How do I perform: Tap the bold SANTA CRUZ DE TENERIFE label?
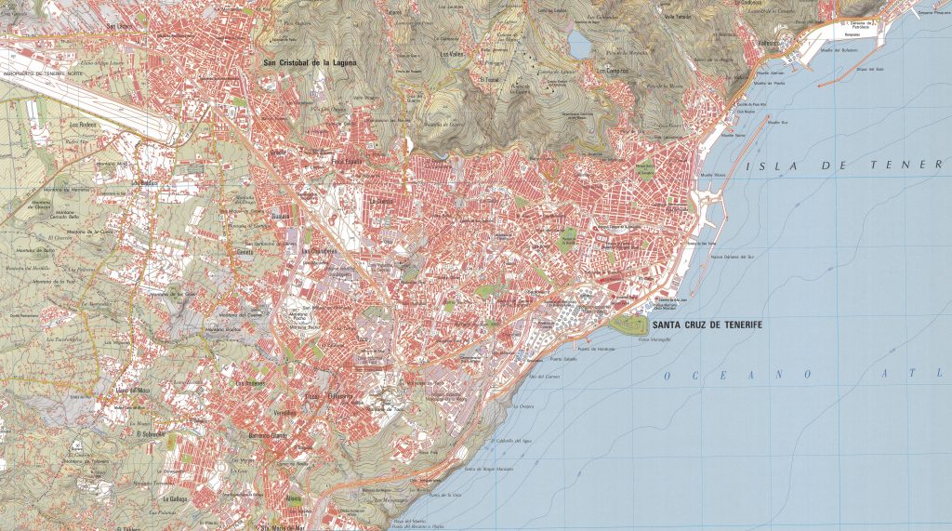coord(708,325)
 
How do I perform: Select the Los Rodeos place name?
coord(84,124)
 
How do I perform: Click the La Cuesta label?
coord(382,200)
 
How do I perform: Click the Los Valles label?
coord(451,54)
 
